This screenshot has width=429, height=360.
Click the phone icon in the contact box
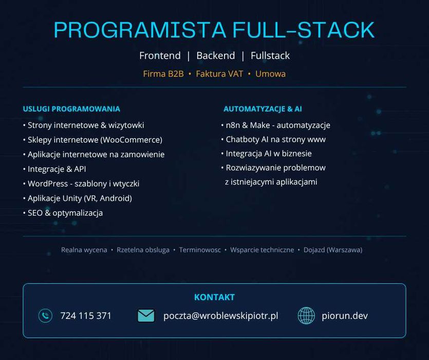point(45,316)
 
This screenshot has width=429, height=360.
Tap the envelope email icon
point(146,316)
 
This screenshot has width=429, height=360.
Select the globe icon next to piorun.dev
point(306,316)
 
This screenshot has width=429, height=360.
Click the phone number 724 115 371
point(86,316)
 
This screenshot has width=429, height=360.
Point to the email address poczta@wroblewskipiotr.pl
point(220,316)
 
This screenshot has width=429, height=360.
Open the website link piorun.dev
point(345,316)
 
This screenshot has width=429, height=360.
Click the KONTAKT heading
point(215,297)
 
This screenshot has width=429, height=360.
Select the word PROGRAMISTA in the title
point(140,30)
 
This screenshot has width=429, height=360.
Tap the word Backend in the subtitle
point(216,56)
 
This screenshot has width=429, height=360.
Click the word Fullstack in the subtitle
point(270,56)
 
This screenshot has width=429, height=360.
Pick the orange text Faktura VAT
point(219,74)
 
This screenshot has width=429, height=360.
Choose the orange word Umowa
point(270,74)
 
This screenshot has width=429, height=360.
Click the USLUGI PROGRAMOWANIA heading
point(71,109)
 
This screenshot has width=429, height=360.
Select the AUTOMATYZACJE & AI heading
point(263,109)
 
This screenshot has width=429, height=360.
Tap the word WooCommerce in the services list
point(132,140)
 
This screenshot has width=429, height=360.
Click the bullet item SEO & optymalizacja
point(63,213)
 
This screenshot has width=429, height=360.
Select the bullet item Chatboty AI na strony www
point(273,139)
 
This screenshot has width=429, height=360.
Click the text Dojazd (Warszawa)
point(333,250)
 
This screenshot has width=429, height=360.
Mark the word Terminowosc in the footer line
point(200,250)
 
